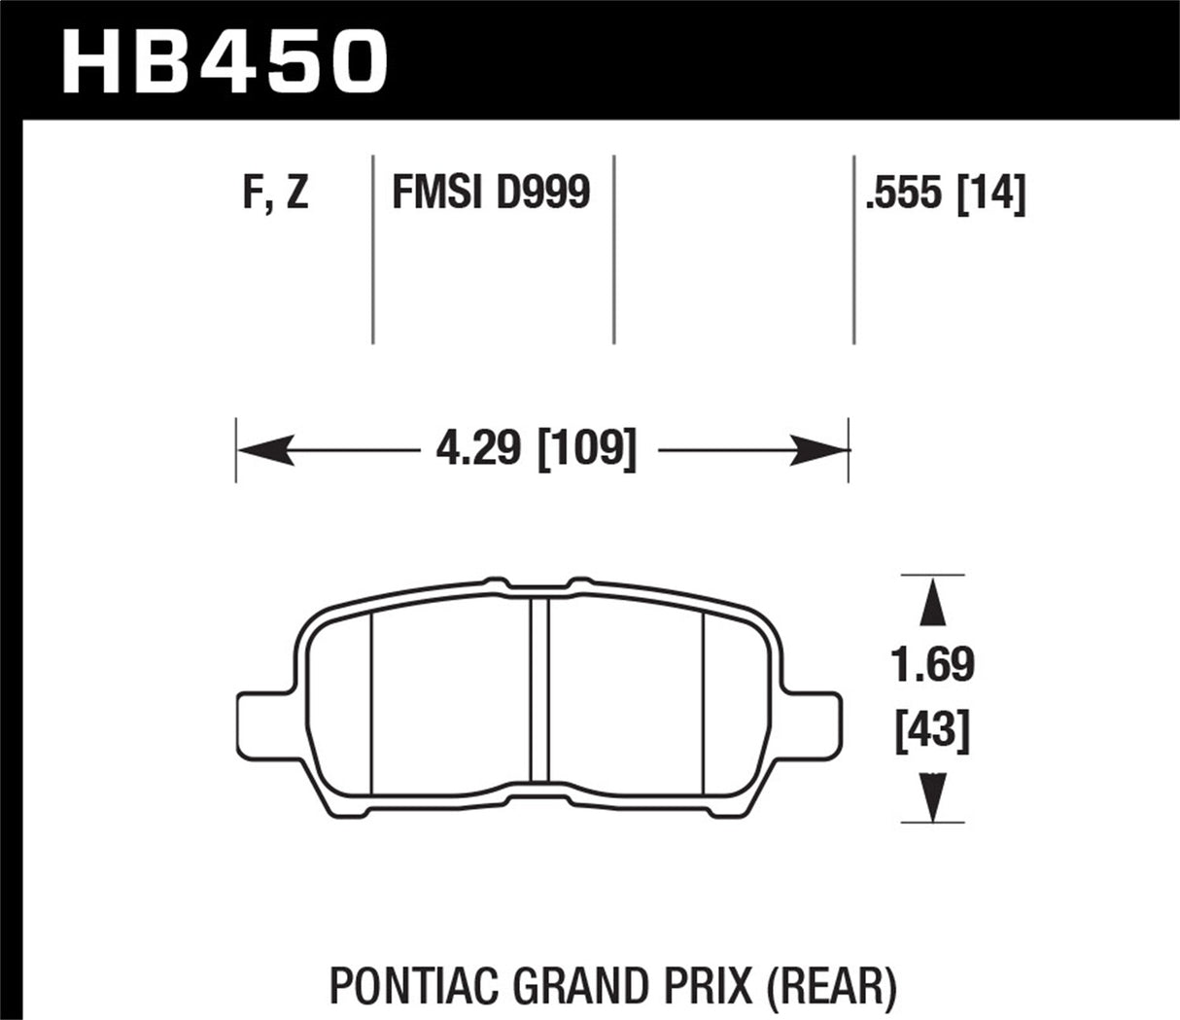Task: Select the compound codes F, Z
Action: (275, 192)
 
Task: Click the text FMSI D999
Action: (491, 192)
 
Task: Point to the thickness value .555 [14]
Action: (944, 193)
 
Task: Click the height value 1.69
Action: (933, 666)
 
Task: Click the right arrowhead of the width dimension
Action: (821, 451)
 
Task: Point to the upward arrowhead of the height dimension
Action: (933, 600)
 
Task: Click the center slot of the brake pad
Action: (540, 689)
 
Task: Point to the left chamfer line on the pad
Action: (373, 701)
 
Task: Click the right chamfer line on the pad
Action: (703, 701)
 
